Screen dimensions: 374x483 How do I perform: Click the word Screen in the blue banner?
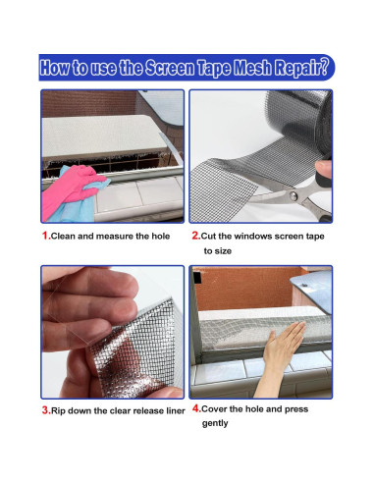click(x=170, y=68)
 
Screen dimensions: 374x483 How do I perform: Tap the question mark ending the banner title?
click(x=323, y=68)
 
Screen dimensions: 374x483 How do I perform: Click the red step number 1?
click(x=46, y=236)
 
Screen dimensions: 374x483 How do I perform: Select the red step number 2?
click(x=195, y=236)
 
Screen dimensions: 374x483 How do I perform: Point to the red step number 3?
click(x=46, y=410)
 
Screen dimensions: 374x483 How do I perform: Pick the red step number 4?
click(x=196, y=408)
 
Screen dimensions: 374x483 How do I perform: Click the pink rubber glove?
click(x=71, y=189)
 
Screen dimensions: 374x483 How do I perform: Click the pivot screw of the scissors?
click(x=294, y=195)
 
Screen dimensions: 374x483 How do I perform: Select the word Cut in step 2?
click(x=208, y=236)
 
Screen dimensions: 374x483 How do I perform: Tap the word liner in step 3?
click(x=176, y=410)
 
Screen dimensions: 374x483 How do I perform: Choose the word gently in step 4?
click(x=215, y=423)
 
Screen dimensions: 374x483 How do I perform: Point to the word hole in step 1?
click(x=160, y=236)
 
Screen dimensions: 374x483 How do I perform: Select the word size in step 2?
click(x=224, y=251)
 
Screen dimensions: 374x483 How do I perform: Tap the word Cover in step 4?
click(x=214, y=409)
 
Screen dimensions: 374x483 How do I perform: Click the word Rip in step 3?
click(x=58, y=411)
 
